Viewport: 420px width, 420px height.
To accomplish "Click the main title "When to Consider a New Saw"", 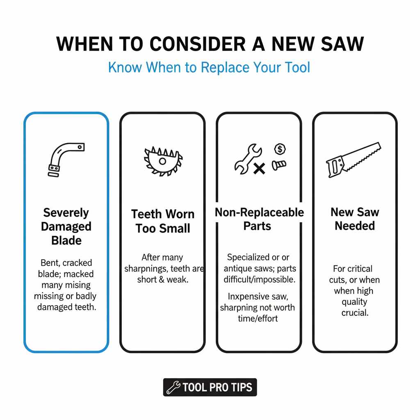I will point(210,44).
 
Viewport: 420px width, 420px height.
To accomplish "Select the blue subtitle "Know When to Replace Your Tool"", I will point(209,67).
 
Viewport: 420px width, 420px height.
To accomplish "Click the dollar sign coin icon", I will point(280,149).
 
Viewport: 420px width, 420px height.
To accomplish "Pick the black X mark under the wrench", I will point(259,168).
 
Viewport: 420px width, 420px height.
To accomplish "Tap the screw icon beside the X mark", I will point(279,165).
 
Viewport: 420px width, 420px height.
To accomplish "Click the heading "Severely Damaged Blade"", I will point(66,226).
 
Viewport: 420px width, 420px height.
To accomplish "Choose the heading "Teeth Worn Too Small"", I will point(163,221).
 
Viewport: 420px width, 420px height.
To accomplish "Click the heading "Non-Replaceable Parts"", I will point(259,219).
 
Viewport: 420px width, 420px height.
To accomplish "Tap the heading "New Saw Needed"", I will point(355,219).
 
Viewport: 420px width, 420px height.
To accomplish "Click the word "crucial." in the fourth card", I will point(355,313).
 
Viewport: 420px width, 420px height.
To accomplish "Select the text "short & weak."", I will point(163,279).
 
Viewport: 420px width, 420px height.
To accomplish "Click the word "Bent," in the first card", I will point(50,263).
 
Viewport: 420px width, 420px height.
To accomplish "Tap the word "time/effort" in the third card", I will point(258,318).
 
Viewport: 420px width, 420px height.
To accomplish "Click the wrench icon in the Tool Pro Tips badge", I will point(173,387).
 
